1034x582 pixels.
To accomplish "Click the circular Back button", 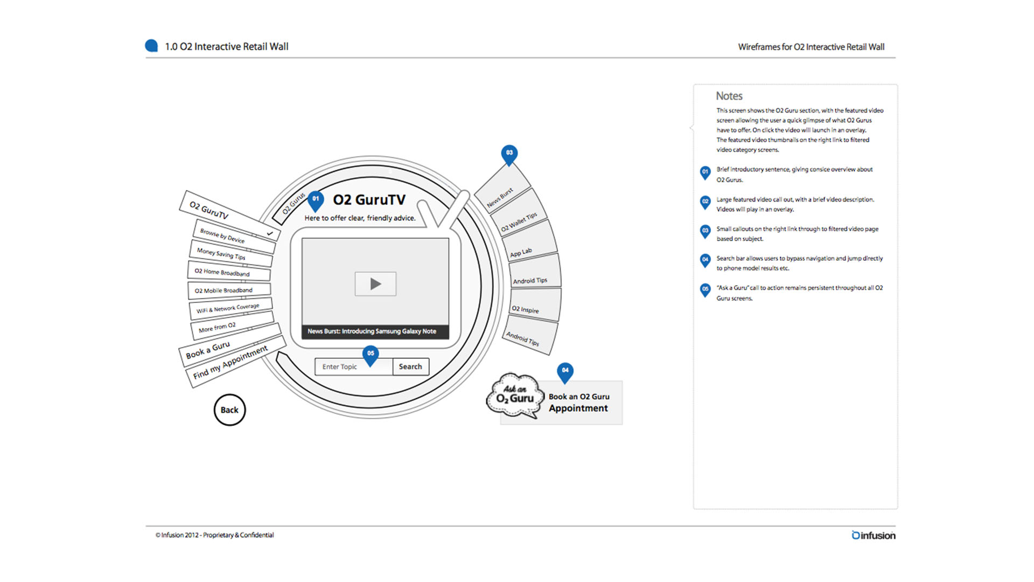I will (229, 410).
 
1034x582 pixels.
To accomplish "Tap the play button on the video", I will (375, 284).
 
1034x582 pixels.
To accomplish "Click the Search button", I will (410, 366).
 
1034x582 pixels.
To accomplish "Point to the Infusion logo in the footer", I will (873, 535).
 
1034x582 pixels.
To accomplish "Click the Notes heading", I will (729, 96).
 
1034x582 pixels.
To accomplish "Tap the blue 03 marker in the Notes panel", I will (705, 231).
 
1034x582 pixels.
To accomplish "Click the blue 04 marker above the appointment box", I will (565, 371).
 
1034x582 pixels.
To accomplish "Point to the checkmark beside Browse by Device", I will (270, 233).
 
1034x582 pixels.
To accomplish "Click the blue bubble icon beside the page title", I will (151, 46).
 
